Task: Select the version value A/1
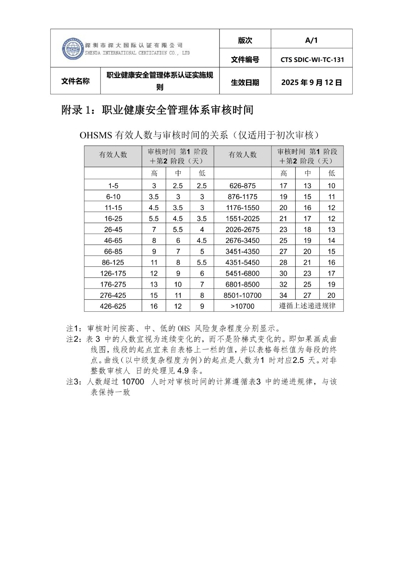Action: tap(311, 40)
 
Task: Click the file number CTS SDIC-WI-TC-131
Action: tap(312, 60)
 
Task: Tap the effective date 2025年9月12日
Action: tap(311, 83)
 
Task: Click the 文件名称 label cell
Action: tap(75, 81)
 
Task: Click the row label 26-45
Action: tap(113, 230)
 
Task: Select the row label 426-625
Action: tap(113, 306)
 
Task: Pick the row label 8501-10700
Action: tap(242, 295)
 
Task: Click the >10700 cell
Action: tap(242, 306)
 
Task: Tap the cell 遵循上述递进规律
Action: tap(307, 306)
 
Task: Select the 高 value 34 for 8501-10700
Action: tap(283, 295)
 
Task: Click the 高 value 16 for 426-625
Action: tap(154, 306)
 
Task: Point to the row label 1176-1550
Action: tap(242, 208)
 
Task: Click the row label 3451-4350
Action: tap(242, 252)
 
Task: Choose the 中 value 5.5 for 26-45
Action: tap(178, 230)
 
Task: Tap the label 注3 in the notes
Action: tap(74, 382)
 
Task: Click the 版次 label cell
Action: tap(245, 41)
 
